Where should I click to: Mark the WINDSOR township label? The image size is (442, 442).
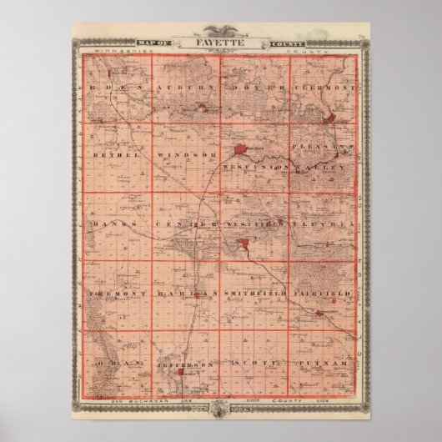click(183, 156)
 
